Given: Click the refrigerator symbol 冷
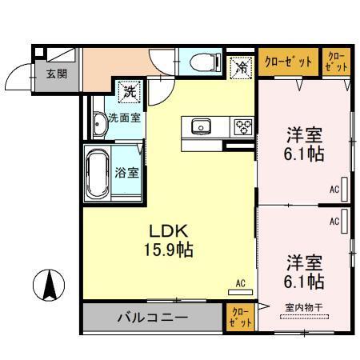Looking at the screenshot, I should click(240, 66).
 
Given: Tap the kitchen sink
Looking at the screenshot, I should click(199, 126).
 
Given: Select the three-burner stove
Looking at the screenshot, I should click(242, 127).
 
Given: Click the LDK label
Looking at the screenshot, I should click(166, 228).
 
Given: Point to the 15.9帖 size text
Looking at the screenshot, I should click(166, 249).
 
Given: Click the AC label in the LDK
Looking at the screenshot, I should click(240, 282).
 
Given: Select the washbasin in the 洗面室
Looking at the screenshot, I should click(99, 123).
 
